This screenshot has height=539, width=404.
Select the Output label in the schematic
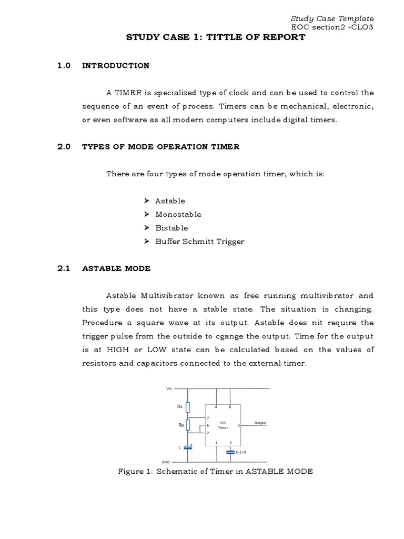(260, 423)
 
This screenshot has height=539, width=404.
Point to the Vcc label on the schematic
(169, 389)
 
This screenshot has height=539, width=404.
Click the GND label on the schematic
(165, 460)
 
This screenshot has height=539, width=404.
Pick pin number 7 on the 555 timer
(208, 417)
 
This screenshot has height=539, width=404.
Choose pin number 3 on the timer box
(238, 425)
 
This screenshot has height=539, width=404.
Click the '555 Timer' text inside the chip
(223, 425)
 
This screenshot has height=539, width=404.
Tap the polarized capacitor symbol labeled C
(189, 447)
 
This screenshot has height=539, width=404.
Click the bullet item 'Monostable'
(178, 214)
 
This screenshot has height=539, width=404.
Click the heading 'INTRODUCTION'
(116, 66)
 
